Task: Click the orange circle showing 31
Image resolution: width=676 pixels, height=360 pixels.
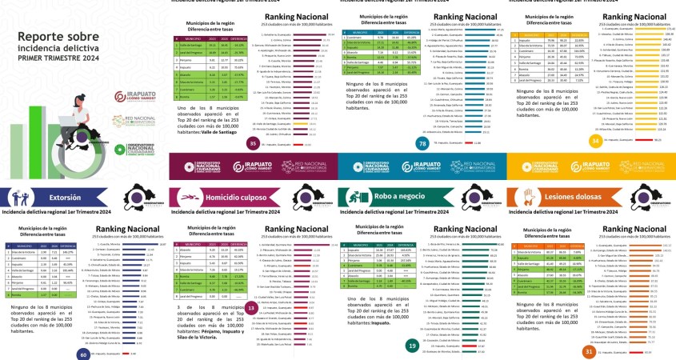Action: click(589, 351)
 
